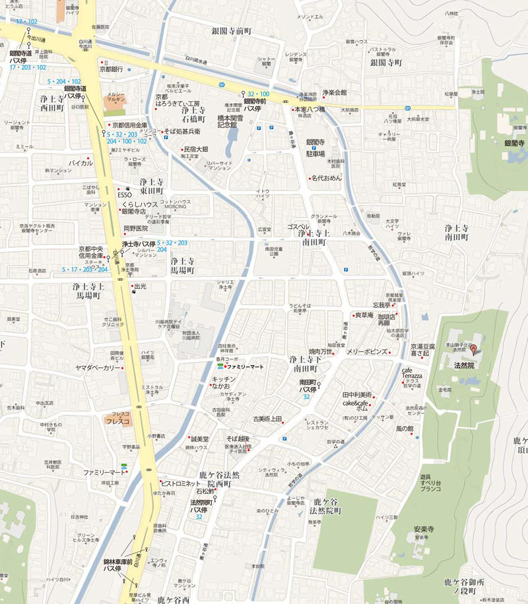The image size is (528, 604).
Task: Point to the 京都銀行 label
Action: tap(112, 69)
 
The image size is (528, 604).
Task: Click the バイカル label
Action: tap(81, 162)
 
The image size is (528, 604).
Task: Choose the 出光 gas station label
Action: tap(139, 287)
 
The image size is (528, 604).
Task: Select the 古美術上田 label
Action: tap(267, 419)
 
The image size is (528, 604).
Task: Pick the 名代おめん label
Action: tap(327, 178)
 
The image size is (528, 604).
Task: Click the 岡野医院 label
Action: tap(135, 228)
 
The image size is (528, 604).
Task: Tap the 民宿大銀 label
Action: tap(195, 149)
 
